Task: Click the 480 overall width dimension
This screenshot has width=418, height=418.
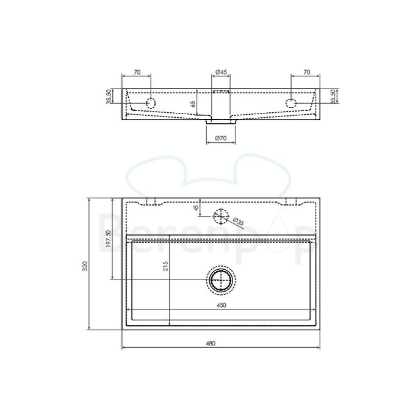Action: click(x=211, y=344)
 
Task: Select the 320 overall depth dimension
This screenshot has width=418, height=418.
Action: click(x=85, y=266)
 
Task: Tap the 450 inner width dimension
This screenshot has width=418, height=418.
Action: click(x=222, y=305)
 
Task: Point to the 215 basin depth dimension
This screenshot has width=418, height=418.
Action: click(x=165, y=266)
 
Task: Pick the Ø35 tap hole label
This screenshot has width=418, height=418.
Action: click(x=238, y=222)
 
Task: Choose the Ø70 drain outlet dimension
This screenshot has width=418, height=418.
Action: click(x=221, y=138)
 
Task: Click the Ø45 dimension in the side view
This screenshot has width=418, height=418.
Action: click(x=221, y=72)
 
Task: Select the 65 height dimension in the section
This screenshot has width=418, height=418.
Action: click(x=193, y=104)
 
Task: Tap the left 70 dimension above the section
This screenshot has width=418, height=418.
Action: click(x=137, y=72)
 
